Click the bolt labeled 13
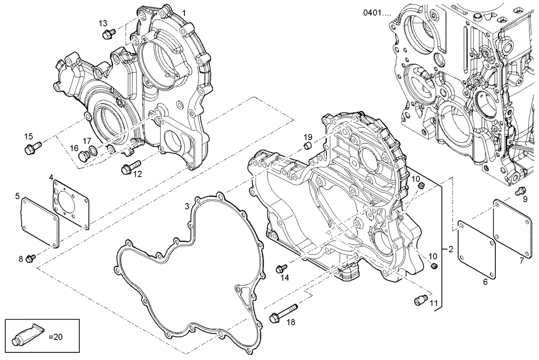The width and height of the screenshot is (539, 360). pyautogui.click(x=106, y=34)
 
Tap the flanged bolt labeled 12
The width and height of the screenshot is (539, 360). pyautogui.click(x=129, y=168)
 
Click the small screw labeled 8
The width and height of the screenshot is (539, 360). pyautogui.click(x=31, y=258)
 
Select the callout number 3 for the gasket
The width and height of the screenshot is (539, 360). pyautogui.click(x=186, y=206)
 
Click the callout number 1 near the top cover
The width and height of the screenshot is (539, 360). pyautogui.click(x=183, y=12)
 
